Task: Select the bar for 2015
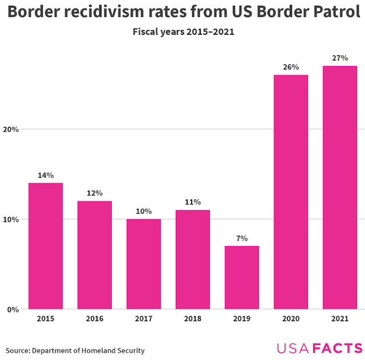click(46, 246)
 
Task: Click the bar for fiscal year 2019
click(242, 278)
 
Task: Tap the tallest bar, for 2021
click(340, 188)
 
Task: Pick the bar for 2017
click(144, 264)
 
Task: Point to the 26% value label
click(291, 67)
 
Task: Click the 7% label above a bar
click(242, 238)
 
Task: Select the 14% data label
click(46, 175)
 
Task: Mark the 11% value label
click(193, 202)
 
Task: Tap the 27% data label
click(340, 58)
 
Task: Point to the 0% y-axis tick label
click(13, 310)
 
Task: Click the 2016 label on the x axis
click(95, 318)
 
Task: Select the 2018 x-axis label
click(193, 318)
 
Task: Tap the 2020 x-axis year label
click(291, 318)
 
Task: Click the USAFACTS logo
click(320, 348)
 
